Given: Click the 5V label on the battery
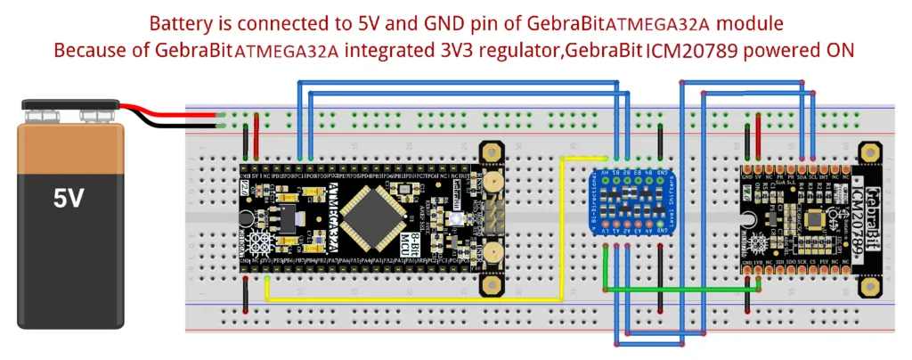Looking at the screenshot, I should point(69,198).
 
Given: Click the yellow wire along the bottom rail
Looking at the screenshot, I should point(410,299).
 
